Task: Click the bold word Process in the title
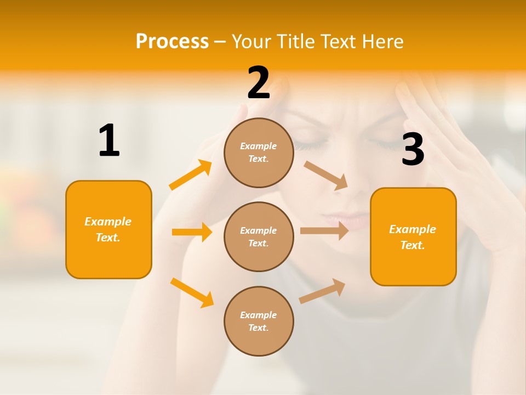tap(172, 41)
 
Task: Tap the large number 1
tap(109, 140)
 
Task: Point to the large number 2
tap(259, 83)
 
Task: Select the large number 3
tap(413, 149)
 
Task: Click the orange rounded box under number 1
tap(108, 229)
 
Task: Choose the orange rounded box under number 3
tap(413, 236)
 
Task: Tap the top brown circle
tap(259, 153)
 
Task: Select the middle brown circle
tap(259, 236)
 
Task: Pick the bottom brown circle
tap(259, 321)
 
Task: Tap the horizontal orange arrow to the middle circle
tap(192, 232)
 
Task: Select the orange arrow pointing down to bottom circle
tap(192, 292)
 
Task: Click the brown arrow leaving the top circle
tap(326, 175)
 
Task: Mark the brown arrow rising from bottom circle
tap(323, 291)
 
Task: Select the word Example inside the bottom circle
tap(259, 315)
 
